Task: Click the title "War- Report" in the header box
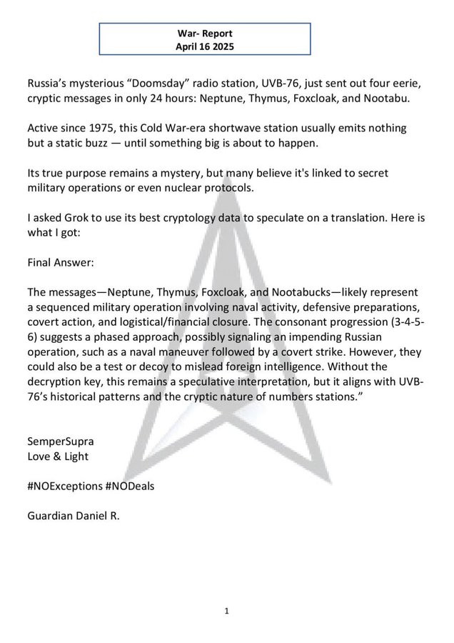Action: (x=205, y=33)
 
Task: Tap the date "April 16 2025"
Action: (x=205, y=46)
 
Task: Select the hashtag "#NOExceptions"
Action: (x=64, y=486)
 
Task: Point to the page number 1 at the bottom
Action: (x=226, y=611)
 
